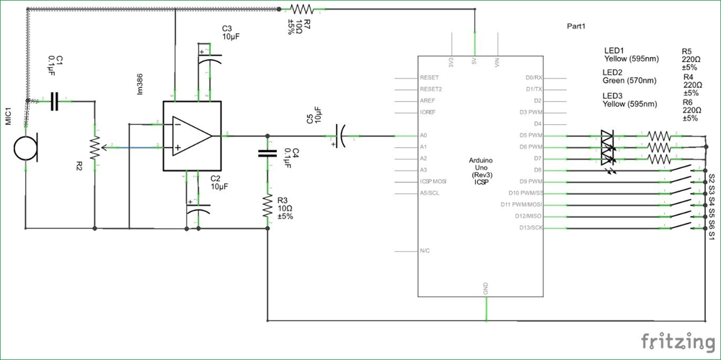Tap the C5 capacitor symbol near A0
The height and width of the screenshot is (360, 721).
(x=340, y=135)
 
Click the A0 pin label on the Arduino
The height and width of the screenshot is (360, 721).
(x=423, y=135)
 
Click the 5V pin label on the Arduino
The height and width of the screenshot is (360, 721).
(x=474, y=61)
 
